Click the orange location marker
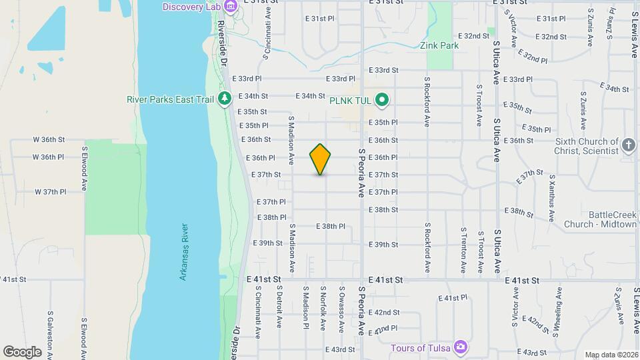320,159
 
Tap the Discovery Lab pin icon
231,7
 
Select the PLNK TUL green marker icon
381,100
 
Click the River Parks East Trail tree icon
225,99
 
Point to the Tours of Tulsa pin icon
460,347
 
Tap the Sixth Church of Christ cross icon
628,145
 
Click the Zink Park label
439,46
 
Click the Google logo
22,351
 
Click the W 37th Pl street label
51,192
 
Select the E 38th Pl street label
330,227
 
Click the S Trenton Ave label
463,250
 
